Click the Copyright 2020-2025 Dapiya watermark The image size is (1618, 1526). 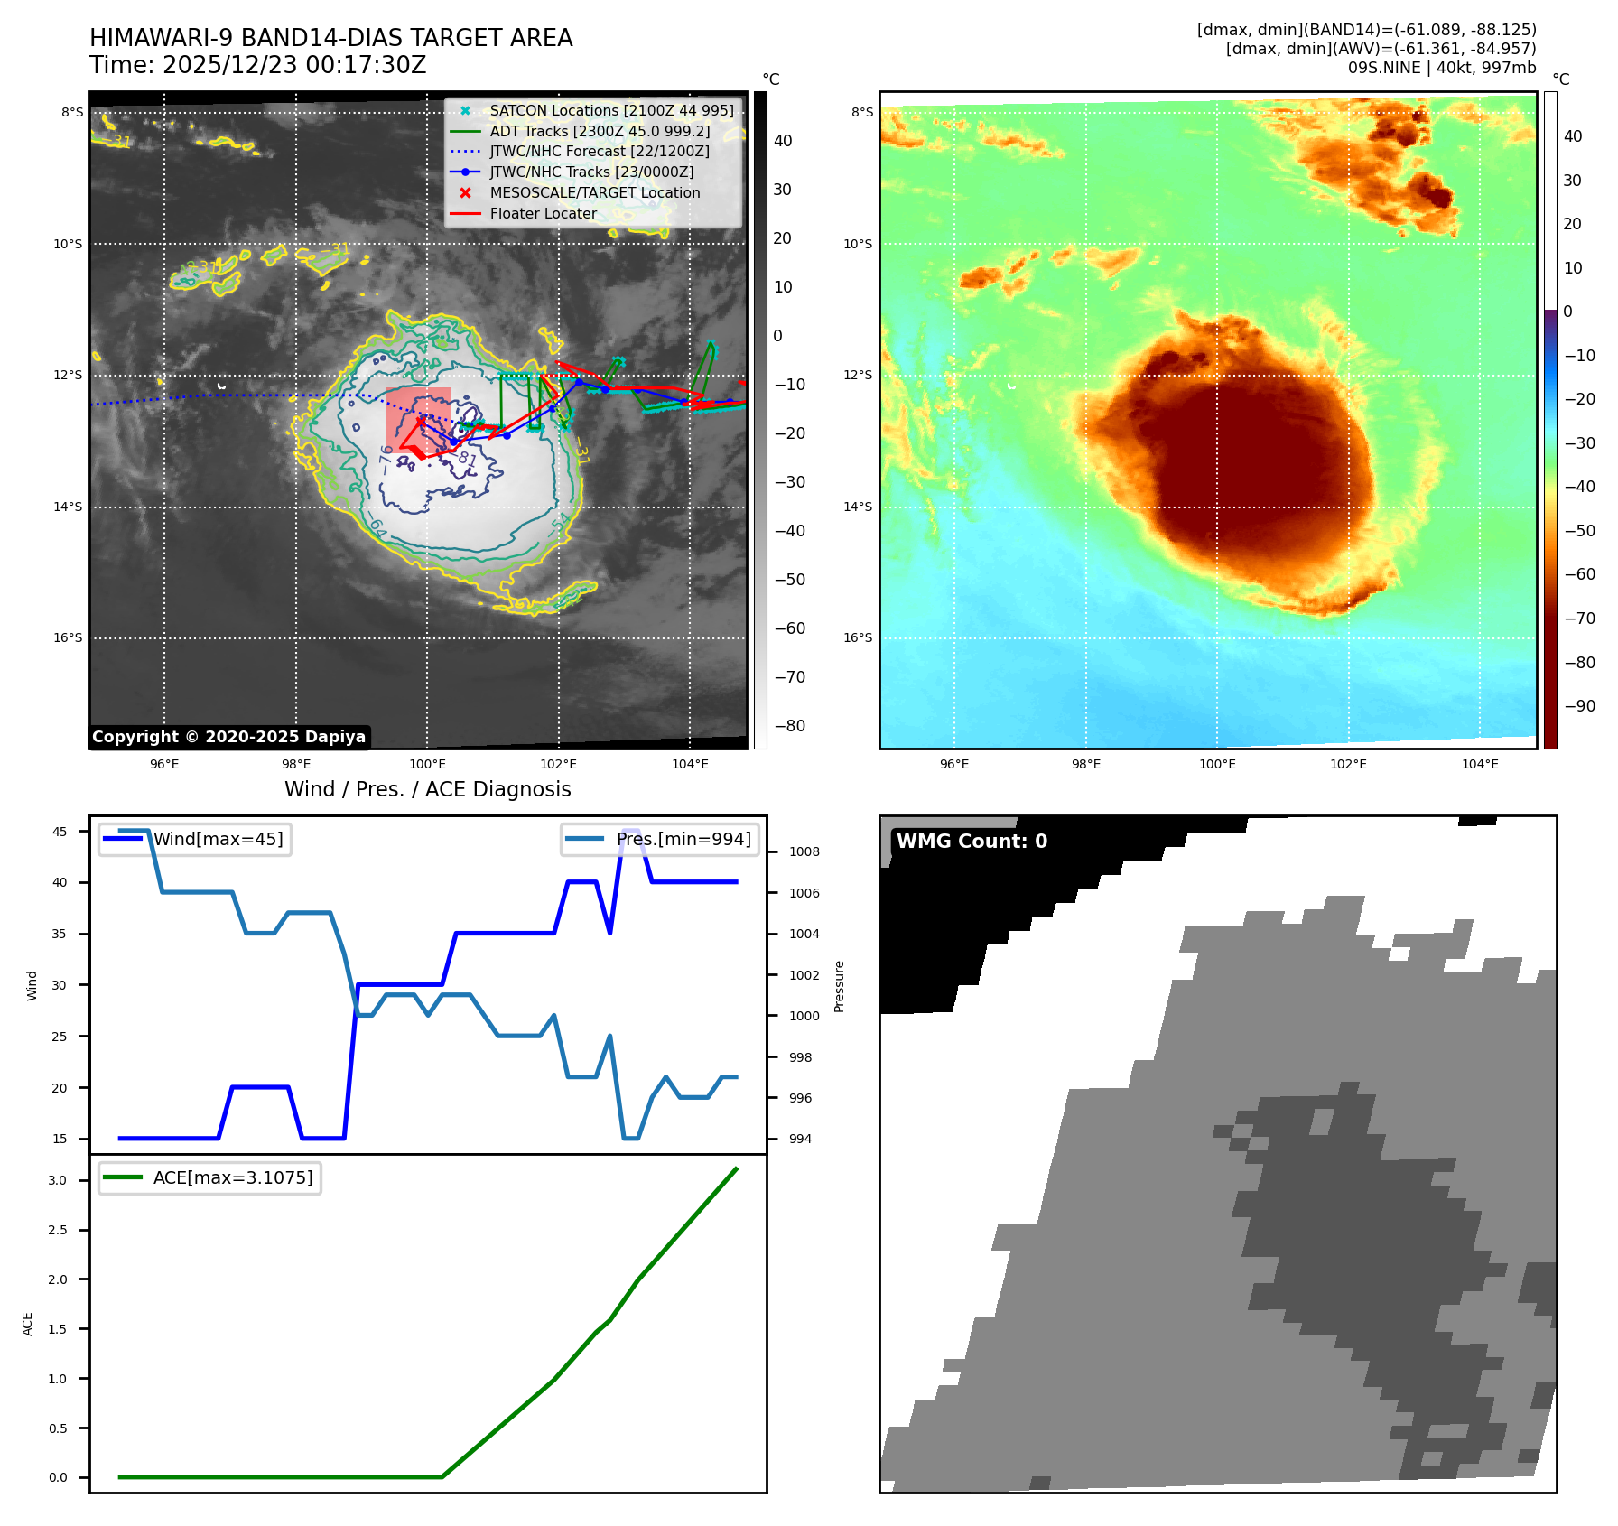(228, 737)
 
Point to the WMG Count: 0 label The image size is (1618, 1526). (972, 842)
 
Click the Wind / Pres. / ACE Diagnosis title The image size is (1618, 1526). (427, 790)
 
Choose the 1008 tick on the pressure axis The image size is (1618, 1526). (804, 852)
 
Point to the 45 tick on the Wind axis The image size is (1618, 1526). (60, 832)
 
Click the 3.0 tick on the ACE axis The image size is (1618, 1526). (58, 1181)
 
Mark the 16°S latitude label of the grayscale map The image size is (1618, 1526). (68, 638)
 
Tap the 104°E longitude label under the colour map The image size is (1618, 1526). (1480, 765)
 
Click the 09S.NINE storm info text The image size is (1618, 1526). (1441, 68)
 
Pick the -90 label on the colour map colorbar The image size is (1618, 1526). (1579, 706)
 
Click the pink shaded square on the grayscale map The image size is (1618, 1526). (418, 417)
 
